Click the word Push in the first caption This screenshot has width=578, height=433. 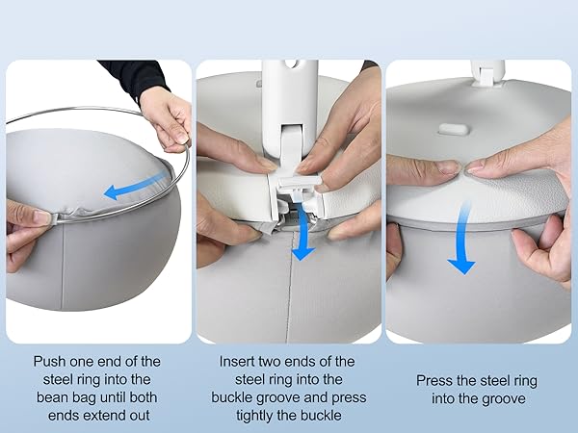[x=48, y=361]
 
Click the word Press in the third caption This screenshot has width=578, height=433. [x=435, y=379]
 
